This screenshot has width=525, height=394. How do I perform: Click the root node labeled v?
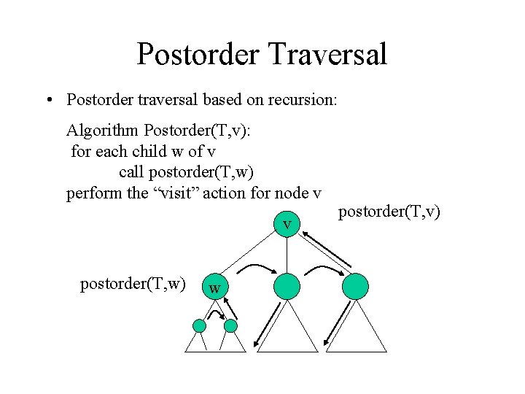click(287, 223)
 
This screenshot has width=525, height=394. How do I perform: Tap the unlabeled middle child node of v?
click(287, 285)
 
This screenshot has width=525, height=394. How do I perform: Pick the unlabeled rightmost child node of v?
click(356, 285)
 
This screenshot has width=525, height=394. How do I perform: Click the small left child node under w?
click(198, 325)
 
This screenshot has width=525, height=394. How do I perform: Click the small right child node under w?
click(230, 325)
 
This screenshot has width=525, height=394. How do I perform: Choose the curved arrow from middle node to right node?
click(321, 271)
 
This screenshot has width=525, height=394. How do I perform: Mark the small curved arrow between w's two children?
click(216, 314)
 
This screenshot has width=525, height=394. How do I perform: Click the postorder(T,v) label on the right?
click(389, 212)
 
